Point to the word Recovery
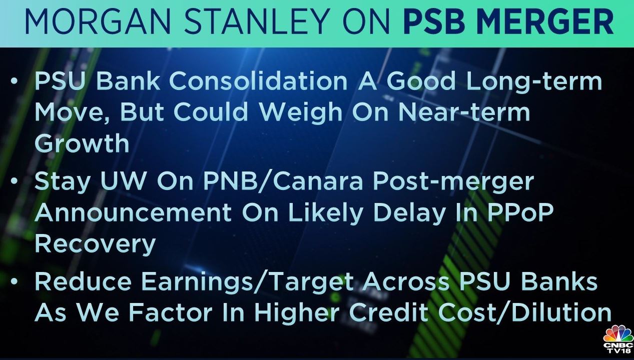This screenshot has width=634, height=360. [x=95, y=245]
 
